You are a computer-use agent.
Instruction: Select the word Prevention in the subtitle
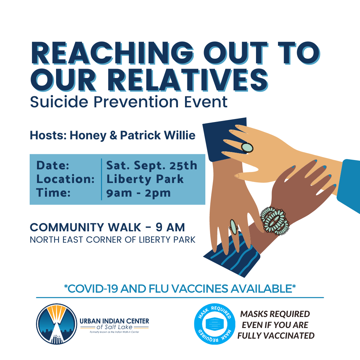pyautogui.click(x=136, y=102)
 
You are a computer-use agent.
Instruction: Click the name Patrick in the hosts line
pyautogui.click(x=140, y=135)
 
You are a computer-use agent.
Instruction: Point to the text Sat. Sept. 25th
pyautogui.click(x=152, y=165)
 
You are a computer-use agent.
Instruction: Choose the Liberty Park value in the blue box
pyautogui.click(x=145, y=179)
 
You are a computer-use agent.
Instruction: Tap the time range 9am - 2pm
pyautogui.click(x=138, y=193)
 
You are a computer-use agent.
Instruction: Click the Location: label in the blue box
pyautogui.click(x=65, y=179)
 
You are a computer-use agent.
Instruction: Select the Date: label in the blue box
pyautogui.click(x=53, y=165)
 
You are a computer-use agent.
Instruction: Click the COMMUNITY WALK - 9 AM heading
pyautogui.click(x=107, y=228)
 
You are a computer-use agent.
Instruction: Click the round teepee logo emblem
pyautogui.click(x=56, y=324)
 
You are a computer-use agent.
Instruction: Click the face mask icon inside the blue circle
pyautogui.click(x=214, y=324)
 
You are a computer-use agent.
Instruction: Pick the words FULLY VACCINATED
pyautogui.click(x=276, y=336)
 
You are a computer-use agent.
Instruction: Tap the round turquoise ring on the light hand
pyautogui.click(x=247, y=147)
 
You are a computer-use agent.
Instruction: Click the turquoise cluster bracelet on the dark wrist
pyautogui.click(x=275, y=221)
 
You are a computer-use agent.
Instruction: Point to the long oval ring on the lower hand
pyautogui.click(x=234, y=227)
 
